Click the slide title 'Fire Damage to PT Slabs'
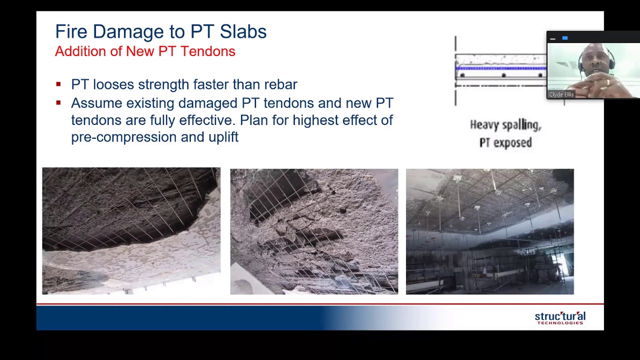(x=160, y=31)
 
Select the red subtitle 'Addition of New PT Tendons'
(x=145, y=51)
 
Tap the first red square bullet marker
(x=58, y=84)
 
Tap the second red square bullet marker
(x=58, y=103)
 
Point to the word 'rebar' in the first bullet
(x=280, y=84)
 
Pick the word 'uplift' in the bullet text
(x=223, y=137)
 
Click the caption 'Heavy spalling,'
(x=505, y=125)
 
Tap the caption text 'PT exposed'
(x=505, y=143)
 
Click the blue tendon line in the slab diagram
(x=500, y=68)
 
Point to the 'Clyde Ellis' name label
(x=561, y=94)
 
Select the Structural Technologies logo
(x=560, y=318)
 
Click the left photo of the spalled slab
(x=131, y=231)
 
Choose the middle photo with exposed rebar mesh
(x=314, y=231)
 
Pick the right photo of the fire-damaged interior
(x=489, y=231)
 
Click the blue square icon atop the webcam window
(x=565, y=38)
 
